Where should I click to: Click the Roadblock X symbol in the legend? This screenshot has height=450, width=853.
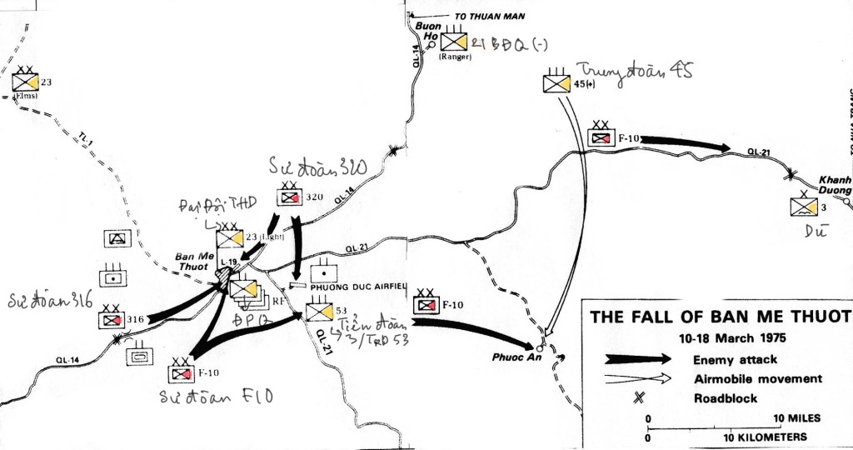(x=637, y=398)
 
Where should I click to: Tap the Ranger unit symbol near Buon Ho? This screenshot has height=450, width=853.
(x=455, y=42)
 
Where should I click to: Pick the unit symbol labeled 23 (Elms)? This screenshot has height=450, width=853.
(x=25, y=82)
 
